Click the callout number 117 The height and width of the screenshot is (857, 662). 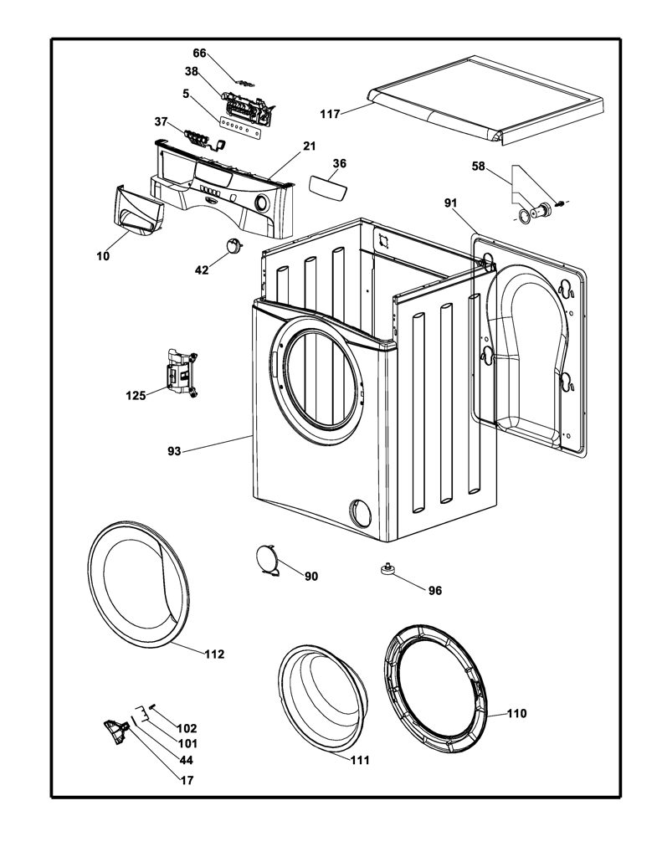[331, 114]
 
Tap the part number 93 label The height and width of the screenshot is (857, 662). [174, 451]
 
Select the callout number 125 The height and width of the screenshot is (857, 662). [136, 395]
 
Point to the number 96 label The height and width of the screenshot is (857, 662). [435, 590]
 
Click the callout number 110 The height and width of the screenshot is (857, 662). [516, 713]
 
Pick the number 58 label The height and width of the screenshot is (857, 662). [479, 166]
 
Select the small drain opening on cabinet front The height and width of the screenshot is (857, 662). [360, 512]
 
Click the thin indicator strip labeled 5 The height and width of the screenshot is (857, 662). [244, 124]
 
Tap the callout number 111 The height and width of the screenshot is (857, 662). [359, 760]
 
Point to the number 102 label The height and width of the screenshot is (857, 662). [187, 729]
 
